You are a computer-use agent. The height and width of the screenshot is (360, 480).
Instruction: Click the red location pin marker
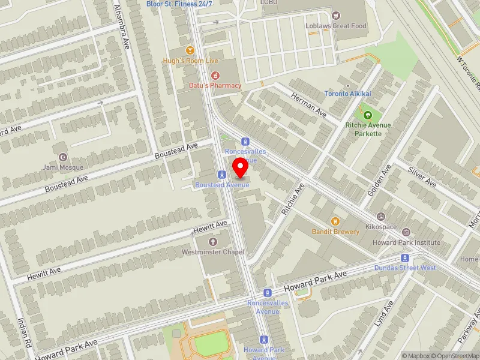(241, 168)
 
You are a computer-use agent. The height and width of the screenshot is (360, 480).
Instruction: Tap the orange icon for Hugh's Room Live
(191, 50)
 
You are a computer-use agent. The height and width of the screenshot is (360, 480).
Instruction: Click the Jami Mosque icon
(63, 156)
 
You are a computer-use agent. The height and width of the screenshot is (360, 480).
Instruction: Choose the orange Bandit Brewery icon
(335, 221)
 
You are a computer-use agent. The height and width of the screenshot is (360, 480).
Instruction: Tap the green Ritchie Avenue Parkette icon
(368, 115)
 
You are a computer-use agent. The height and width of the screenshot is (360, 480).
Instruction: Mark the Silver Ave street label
(422, 178)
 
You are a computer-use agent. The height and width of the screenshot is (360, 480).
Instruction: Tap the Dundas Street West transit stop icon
(405, 257)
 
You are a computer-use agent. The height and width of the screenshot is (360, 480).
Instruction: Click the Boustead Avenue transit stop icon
(222, 175)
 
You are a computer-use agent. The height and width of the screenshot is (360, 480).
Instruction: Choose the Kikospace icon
(380, 217)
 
